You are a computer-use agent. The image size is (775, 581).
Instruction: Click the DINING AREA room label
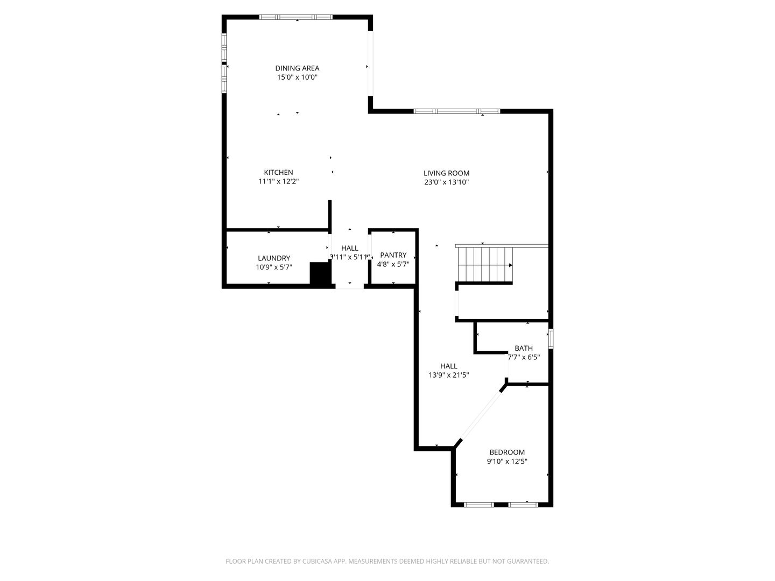(x=297, y=68)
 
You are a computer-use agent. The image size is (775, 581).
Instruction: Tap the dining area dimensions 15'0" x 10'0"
(x=297, y=77)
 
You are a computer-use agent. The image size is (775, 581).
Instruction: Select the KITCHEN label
(x=278, y=172)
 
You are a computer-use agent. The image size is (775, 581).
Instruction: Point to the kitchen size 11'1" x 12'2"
(x=278, y=181)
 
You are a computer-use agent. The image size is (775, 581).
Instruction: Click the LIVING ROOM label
(x=446, y=173)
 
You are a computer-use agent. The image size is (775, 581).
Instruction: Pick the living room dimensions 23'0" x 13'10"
(x=446, y=182)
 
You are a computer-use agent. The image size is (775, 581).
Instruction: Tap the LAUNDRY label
(x=273, y=258)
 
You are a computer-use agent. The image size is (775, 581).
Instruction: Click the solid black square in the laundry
(x=320, y=273)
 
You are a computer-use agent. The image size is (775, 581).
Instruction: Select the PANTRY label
(x=393, y=254)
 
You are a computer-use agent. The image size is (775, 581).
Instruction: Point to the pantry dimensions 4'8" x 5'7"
(x=393, y=264)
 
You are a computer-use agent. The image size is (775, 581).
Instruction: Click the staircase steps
(x=485, y=264)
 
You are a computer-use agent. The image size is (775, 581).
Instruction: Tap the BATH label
(x=524, y=348)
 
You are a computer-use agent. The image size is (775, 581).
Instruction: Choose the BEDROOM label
(x=507, y=452)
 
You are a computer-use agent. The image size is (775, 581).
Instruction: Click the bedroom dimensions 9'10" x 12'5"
(x=507, y=461)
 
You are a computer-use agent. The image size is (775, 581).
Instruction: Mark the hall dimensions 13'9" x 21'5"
(x=448, y=375)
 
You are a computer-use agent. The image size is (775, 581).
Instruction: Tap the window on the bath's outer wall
(x=551, y=338)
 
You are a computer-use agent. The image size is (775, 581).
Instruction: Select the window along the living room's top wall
(x=456, y=111)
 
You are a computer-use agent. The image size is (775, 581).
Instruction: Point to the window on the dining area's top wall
(x=296, y=17)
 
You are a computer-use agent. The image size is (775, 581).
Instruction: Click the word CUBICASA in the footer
(x=317, y=561)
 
